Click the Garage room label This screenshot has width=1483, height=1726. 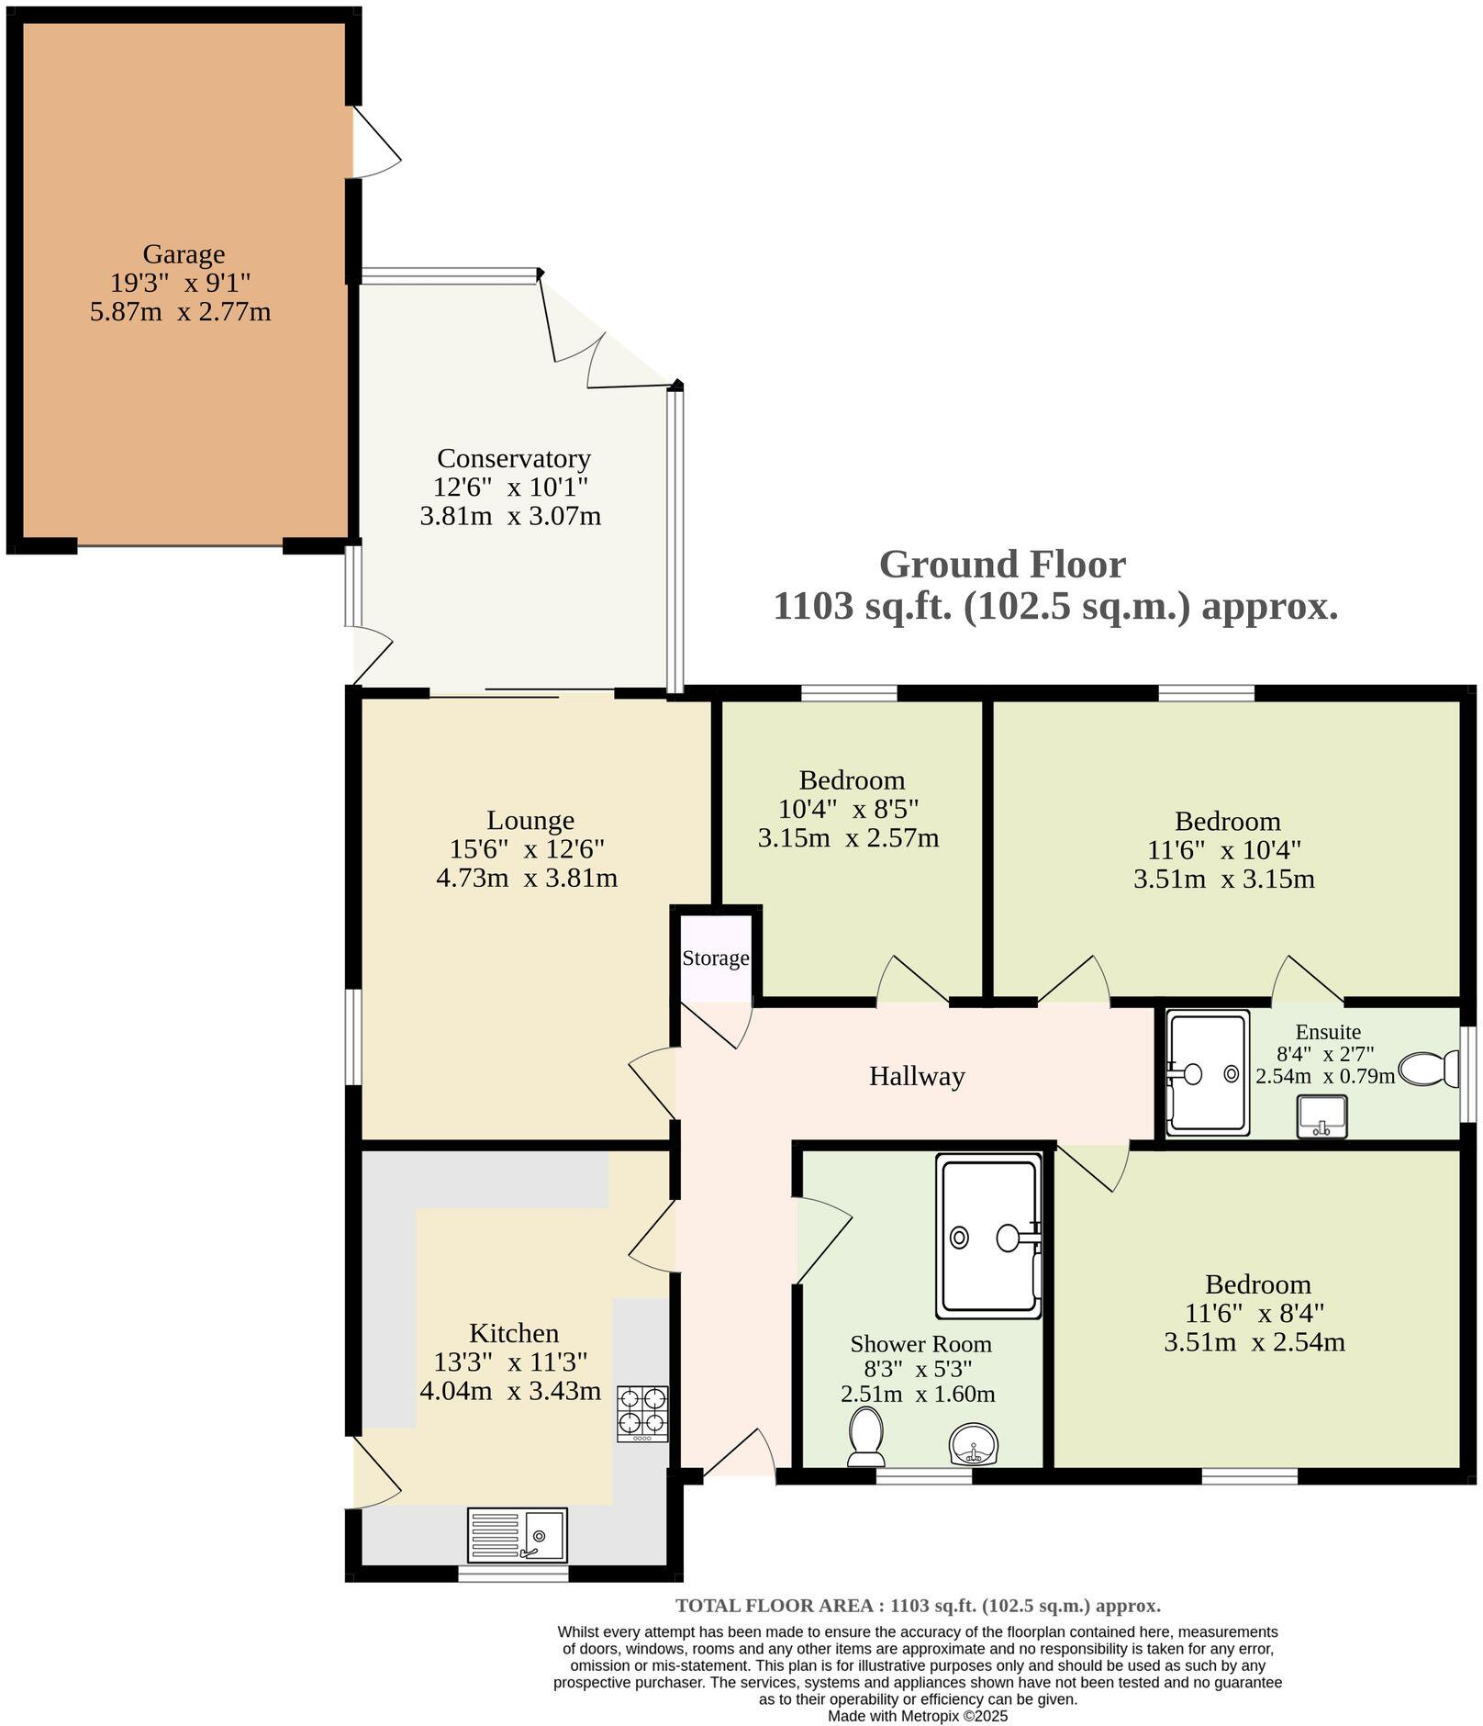[184, 254]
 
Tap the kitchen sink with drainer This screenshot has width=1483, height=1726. [517, 1534]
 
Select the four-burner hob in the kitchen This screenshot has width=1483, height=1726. [641, 1412]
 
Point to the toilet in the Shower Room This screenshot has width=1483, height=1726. [865, 1437]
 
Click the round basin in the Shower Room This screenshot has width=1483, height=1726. [972, 1444]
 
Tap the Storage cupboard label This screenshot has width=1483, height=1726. [715, 958]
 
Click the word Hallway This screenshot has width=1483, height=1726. [916, 1076]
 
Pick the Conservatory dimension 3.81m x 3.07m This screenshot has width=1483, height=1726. [510, 516]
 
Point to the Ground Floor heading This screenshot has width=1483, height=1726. [1001, 564]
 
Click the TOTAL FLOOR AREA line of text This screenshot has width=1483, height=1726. [918, 1605]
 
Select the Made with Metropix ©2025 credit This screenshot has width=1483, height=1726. [918, 1715]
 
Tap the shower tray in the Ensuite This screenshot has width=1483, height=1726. [1207, 1072]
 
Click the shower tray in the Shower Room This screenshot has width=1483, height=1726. [988, 1237]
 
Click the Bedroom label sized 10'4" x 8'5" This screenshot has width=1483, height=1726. [852, 780]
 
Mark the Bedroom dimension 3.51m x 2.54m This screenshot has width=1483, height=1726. [1254, 1342]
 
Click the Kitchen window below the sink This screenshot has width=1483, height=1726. [513, 1574]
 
